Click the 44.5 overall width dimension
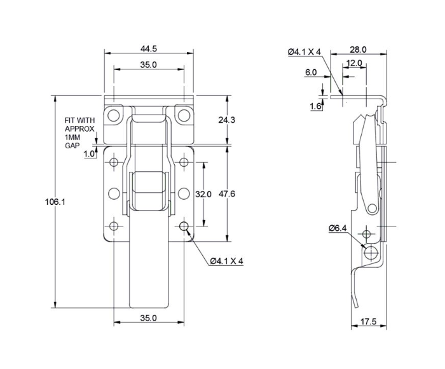[149, 48]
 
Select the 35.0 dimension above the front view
[149, 64]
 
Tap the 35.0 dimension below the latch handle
[148, 317]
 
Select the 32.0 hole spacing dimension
[203, 194]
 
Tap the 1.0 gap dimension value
[88, 153]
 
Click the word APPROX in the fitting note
[79, 129]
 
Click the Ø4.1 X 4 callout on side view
[305, 52]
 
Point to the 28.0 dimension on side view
[359, 49]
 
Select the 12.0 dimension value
[354, 63]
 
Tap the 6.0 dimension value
[311, 73]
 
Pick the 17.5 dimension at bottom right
[368, 322]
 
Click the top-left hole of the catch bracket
[114, 116]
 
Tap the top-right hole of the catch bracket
[184, 116]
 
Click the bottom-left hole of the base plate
[114, 226]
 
